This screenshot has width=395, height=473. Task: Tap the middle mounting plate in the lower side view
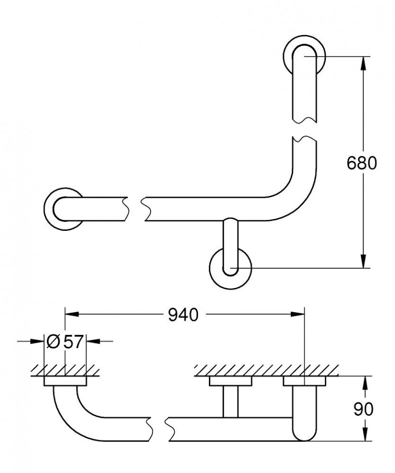[231, 381]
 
